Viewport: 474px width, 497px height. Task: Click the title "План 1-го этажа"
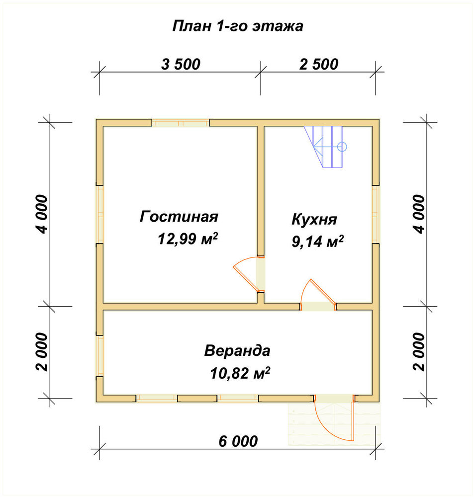238,26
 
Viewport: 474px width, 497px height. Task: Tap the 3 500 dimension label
181,64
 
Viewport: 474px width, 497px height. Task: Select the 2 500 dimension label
318,64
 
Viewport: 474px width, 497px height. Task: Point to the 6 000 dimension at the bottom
238,441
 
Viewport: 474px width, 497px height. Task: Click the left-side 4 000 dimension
42,214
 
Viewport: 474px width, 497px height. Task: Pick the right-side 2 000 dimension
419,351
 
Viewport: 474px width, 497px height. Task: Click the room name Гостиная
179,217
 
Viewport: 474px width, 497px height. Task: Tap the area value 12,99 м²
188,239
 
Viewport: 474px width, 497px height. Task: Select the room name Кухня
314,219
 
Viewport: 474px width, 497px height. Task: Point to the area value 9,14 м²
318,242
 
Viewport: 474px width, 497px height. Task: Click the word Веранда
237,351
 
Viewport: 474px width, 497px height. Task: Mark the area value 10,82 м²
240,373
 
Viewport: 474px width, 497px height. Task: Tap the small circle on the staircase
342,147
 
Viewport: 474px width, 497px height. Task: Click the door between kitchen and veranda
318,295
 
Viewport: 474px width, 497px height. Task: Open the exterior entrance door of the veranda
334,418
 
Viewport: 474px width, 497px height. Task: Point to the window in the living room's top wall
181,123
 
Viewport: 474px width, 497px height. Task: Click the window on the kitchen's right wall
376,214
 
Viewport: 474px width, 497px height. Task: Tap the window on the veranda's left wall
99,356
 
